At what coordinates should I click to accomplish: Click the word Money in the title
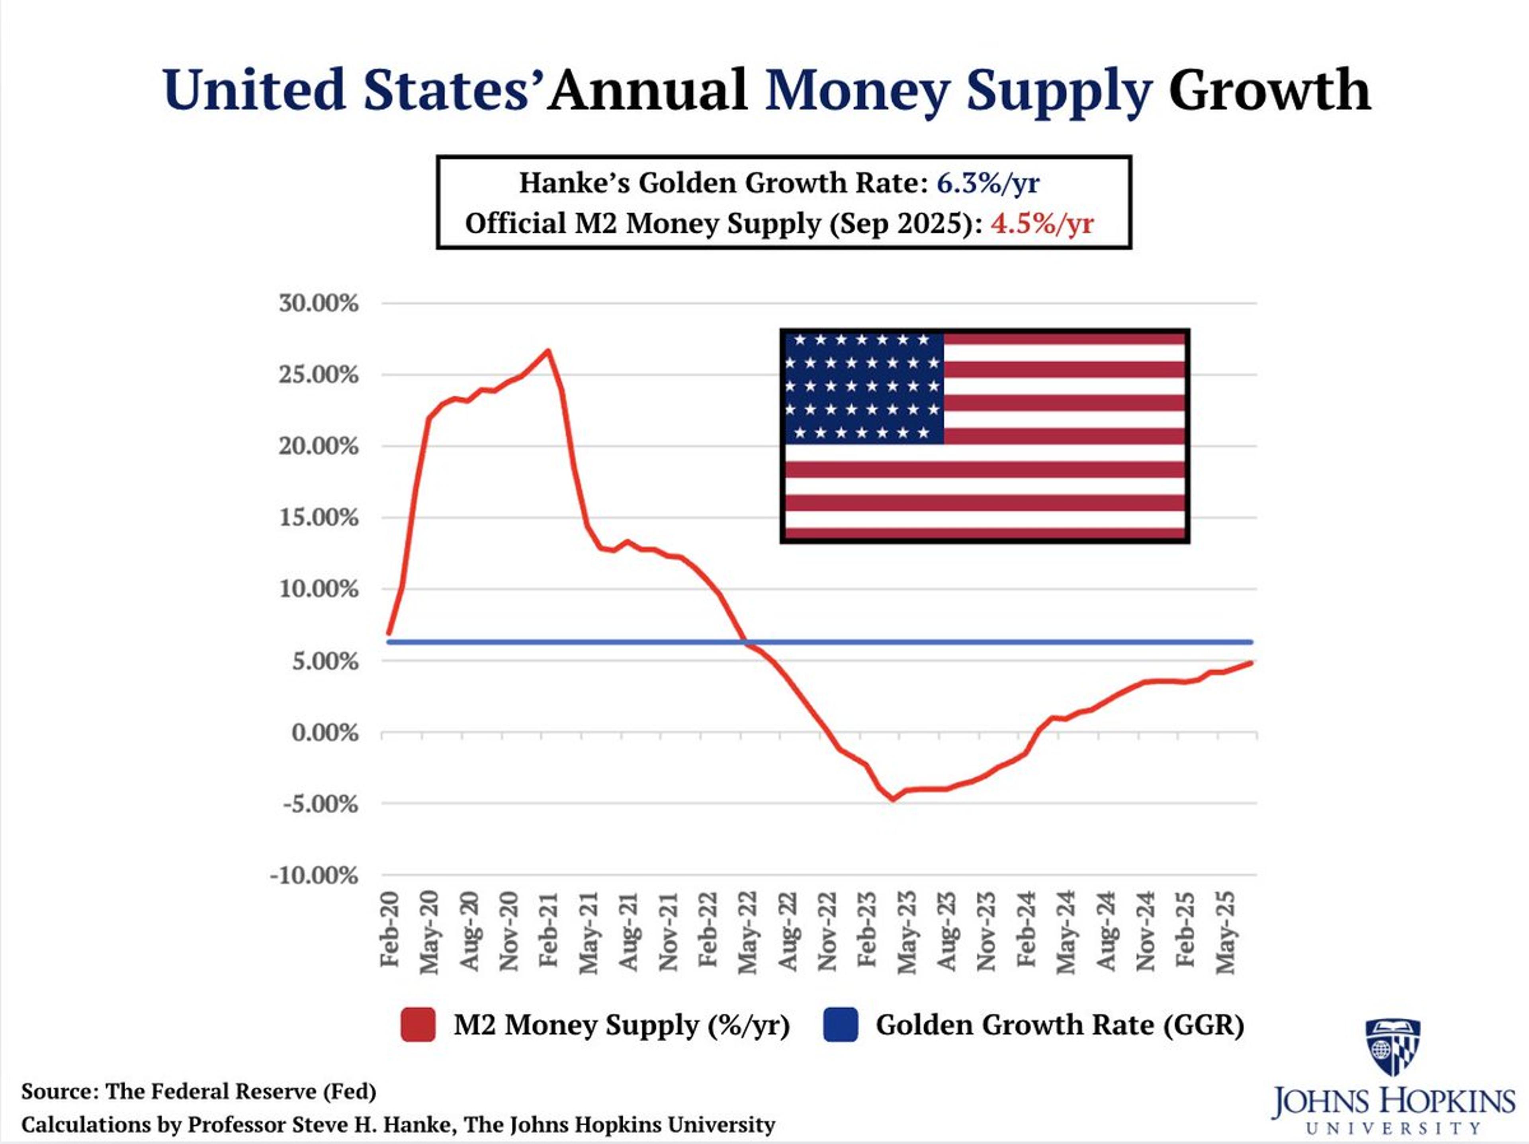coord(857,90)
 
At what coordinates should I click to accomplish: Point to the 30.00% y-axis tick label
coord(319,303)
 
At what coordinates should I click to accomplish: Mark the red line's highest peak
coord(547,350)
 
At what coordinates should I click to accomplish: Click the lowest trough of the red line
coord(892,800)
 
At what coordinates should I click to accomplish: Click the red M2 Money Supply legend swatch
coord(418,1025)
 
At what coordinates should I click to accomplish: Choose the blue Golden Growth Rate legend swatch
coord(841,1025)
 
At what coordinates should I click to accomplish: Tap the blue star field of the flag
coord(863,388)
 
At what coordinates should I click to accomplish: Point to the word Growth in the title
coord(1269,90)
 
